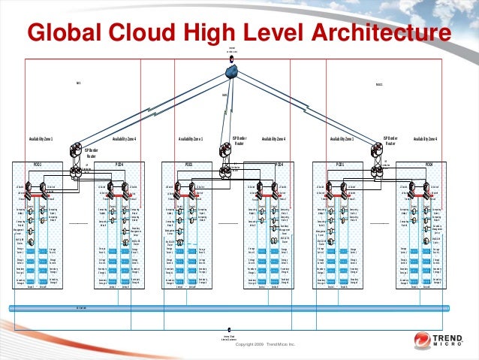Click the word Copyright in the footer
point(249,345)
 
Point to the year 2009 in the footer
point(270,345)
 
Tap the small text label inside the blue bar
point(80,308)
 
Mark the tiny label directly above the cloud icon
point(232,50)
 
